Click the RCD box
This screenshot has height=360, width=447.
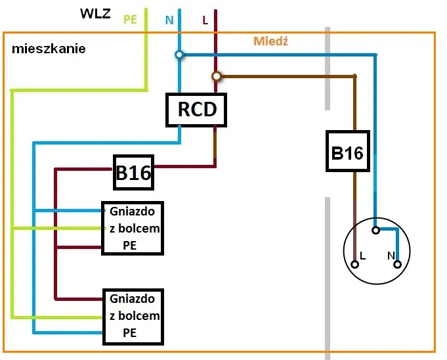[x=196, y=109]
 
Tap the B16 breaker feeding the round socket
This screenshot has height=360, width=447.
[x=347, y=152]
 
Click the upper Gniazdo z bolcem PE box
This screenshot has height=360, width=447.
[x=132, y=229]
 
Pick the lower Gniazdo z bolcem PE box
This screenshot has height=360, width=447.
[x=132, y=316]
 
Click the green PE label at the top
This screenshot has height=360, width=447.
[x=130, y=20]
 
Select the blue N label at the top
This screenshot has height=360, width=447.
[x=169, y=20]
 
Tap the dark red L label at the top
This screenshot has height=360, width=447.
[x=205, y=20]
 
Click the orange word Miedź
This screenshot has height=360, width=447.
[x=271, y=41]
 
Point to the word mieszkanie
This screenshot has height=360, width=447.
[x=49, y=49]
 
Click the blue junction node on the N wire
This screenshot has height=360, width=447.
[x=179, y=55]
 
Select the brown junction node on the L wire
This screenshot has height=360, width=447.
[x=216, y=76]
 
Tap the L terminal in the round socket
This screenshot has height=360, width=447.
[x=355, y=264]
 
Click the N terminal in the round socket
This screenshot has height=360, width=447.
[x=397, y=264]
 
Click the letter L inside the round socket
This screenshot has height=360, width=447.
[x=362, y=254]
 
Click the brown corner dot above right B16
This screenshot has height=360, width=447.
[x=355, y=77]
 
